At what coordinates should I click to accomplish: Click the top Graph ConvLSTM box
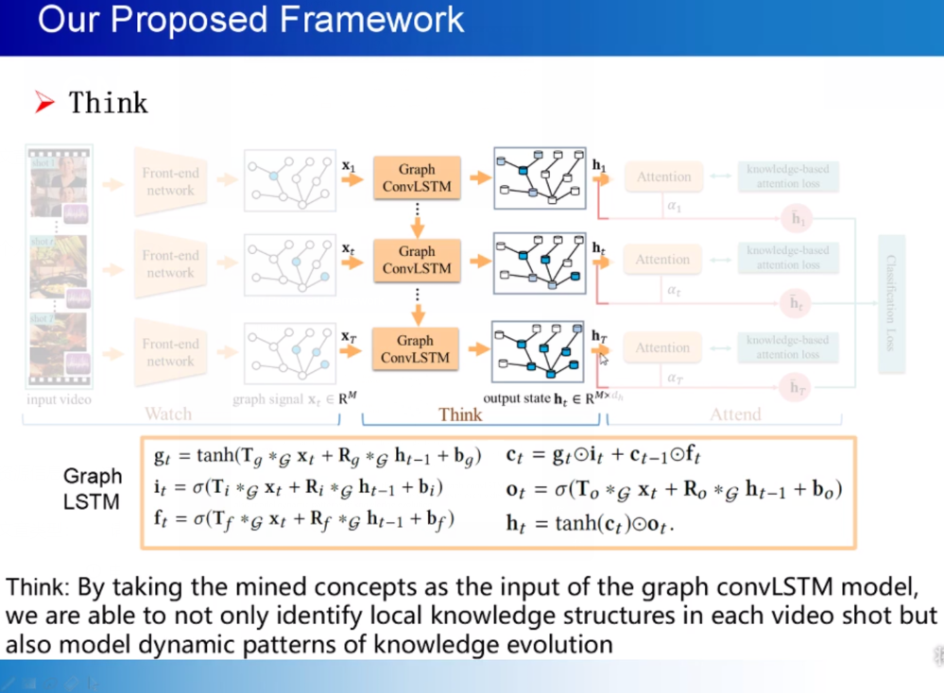(417, 177)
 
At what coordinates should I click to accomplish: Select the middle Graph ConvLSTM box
(417, 260)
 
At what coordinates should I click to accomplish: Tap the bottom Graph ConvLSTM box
(415, 348)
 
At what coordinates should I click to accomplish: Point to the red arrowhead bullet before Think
(45, 103)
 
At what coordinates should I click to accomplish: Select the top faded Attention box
(663, 177)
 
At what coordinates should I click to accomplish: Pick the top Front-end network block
(170, 181)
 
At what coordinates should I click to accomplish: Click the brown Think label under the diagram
(460, 414)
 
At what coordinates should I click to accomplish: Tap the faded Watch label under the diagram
(167, 414)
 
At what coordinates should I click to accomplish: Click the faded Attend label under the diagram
(735, 414)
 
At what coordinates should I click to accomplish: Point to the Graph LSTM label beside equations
(93, 488)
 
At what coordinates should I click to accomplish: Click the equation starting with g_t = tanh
(318, 457)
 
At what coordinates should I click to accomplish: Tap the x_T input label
(348, 334)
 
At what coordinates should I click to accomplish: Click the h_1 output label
(599, 166)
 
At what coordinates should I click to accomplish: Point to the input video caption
(59, 399)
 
